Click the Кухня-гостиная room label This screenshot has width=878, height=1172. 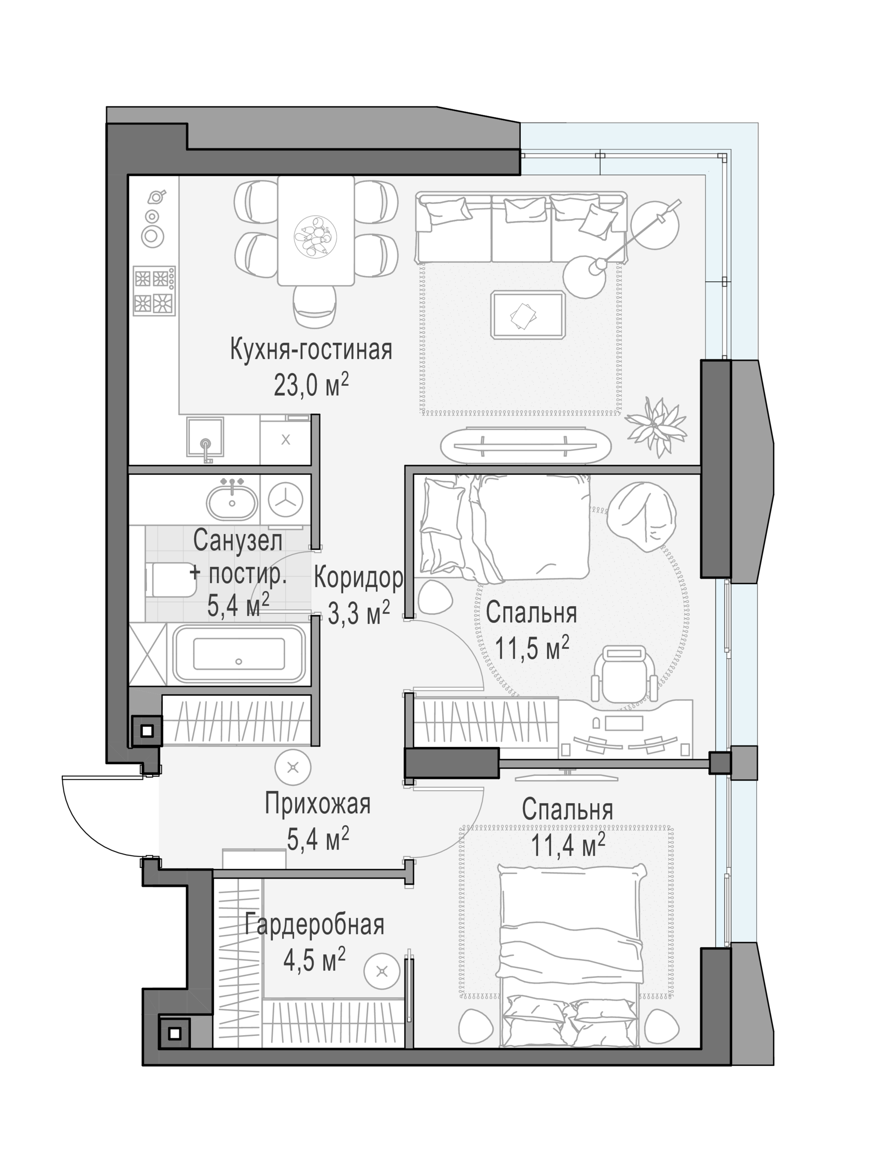pos(311,350)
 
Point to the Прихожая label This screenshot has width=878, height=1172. pos(317,804)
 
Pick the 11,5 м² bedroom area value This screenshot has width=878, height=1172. pos(532,647)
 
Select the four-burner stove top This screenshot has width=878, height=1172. pos(154,290)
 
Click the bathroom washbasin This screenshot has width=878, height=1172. pos(232,501)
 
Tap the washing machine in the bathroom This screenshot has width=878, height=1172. pos(285,500)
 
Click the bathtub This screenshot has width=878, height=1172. pos(239,653)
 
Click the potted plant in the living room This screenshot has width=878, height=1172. pos(655,427)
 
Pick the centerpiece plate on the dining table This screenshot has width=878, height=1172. pos(315,237)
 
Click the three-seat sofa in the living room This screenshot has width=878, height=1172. pos(521,228)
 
